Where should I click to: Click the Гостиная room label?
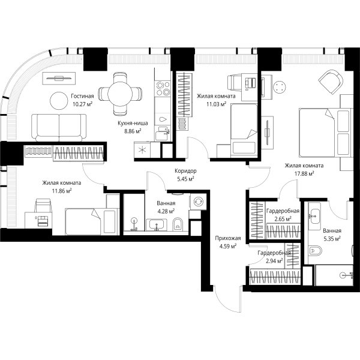82,96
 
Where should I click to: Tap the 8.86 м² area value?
133,131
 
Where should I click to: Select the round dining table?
120,94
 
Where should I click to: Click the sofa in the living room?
59,127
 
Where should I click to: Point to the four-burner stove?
163,89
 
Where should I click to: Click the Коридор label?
185,171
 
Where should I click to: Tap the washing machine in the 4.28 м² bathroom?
198,202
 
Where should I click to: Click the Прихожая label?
228,238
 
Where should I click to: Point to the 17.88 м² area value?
304,173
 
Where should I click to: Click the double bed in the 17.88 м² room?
326,133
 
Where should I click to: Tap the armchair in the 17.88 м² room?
331,82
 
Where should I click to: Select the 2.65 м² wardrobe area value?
283,219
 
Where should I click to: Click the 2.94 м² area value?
274,261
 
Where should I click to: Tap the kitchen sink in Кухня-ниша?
163,134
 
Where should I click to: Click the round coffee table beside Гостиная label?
59,101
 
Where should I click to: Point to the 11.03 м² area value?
216,104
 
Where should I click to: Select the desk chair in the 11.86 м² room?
43,205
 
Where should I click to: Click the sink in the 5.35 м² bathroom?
314,216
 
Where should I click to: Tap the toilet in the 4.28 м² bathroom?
178,224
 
